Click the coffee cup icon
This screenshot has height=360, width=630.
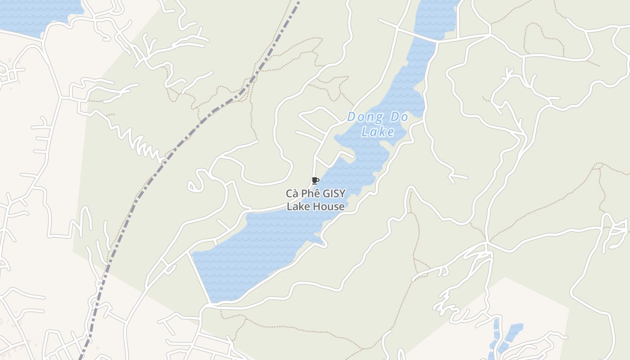click(315, 181)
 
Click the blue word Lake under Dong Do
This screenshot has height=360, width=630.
click(378, 132)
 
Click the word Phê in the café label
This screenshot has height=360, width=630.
click(312, 194)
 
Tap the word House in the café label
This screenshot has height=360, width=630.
click(330, 207)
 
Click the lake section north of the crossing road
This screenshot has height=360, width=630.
click(434, 18)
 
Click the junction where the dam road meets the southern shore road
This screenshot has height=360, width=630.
click(210, 305)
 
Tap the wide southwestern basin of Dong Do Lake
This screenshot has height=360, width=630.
click(252, 256)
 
